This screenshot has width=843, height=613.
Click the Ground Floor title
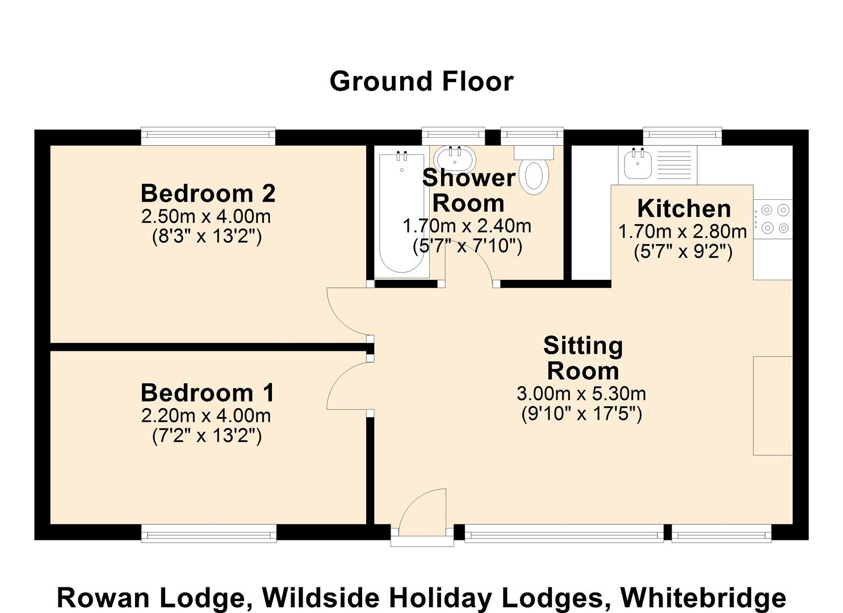(421, 81)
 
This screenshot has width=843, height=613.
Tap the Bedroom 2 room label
(208, 194)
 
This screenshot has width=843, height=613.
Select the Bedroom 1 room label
(208, 393)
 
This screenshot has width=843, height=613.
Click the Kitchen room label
(683, 209)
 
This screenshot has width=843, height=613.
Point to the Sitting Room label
(583, 358)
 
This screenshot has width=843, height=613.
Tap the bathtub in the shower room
(402, 213)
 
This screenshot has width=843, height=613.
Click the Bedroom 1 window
(208, 533)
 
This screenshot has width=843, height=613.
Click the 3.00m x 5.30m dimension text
(581, 393)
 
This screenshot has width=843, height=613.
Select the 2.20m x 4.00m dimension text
(206, 415)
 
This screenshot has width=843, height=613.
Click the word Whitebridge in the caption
(703, 598)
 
